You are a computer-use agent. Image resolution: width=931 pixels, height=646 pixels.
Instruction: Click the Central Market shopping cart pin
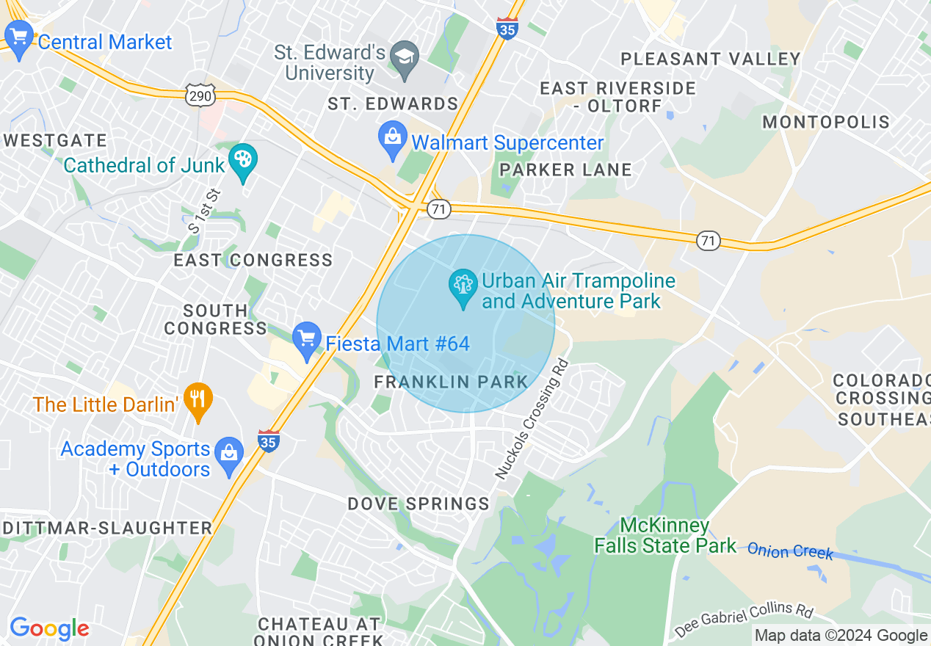tap(18, 37)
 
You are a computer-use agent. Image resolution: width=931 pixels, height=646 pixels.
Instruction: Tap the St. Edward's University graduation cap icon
tap(404, 58)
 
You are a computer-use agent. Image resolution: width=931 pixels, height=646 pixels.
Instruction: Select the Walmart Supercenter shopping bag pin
tap(393, 138)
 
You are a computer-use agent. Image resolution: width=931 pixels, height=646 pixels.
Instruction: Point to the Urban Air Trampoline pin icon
tap(463, 286)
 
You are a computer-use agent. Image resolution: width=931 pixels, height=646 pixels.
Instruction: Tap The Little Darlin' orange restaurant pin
tap(197, 400)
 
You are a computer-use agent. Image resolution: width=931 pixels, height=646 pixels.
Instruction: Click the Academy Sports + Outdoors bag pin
tap(230, 456)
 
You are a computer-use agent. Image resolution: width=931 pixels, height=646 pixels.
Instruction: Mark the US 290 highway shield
tap(200, 96)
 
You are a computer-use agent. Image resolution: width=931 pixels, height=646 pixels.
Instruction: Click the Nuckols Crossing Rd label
tap(532, 418)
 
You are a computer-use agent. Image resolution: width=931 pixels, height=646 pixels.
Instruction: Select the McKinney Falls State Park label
tap(664, 535)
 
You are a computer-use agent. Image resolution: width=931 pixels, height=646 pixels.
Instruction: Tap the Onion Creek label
tap(790, 551)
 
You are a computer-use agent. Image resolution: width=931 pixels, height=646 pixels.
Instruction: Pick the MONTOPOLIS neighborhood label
tap(825, 122)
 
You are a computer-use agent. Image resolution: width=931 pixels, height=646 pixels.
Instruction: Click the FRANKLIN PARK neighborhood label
tap(451, 382)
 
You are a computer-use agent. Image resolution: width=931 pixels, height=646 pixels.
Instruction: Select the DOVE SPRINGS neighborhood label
tap(418, 504)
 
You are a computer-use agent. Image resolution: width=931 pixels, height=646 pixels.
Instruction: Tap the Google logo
tap(48, 628)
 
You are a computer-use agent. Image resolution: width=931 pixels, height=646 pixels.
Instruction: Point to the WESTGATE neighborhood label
tap(56, 140)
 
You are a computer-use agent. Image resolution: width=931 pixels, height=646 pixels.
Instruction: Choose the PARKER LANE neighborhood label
tap(565, 170)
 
